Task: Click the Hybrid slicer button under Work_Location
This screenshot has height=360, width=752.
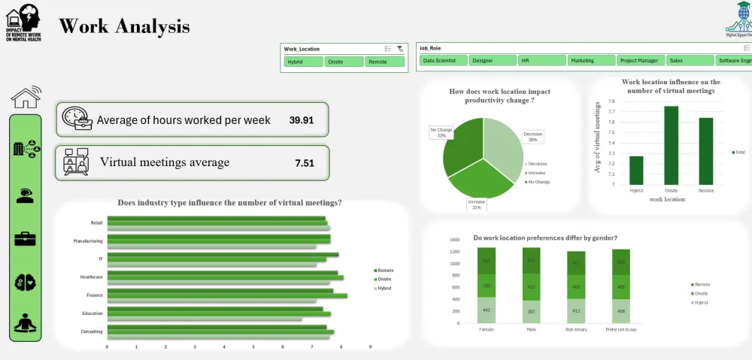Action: (x=304, y=62)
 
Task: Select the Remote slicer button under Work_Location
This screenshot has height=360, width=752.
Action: (x=386, y=62)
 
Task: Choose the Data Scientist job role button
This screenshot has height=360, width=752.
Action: (x=442, y=60)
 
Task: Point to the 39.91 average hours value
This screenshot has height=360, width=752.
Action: (x=302, y=120)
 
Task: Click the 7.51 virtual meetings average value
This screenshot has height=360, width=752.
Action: (x=305, y=163)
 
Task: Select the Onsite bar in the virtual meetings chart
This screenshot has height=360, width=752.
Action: (x=672, y=145)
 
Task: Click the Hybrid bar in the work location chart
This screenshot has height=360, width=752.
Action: (x=636, y=171)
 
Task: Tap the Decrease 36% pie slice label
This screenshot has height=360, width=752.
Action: (x=532, y=136)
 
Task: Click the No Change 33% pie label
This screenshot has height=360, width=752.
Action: (x=441, y=132)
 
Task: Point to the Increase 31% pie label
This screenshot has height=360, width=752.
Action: (x=478, y=204)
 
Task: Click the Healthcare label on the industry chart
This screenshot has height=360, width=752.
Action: (x=92, y=277)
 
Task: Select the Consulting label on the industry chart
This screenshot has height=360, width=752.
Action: (x=92, y=331)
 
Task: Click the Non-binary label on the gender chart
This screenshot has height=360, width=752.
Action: (x=577, y=329)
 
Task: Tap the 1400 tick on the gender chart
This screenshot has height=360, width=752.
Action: (x=454, y=241)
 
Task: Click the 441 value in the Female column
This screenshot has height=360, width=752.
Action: (x=487, y=310)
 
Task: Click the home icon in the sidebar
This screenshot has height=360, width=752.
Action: (x=26, y=96)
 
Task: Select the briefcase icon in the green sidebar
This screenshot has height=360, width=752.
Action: (x=26, y=239)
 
